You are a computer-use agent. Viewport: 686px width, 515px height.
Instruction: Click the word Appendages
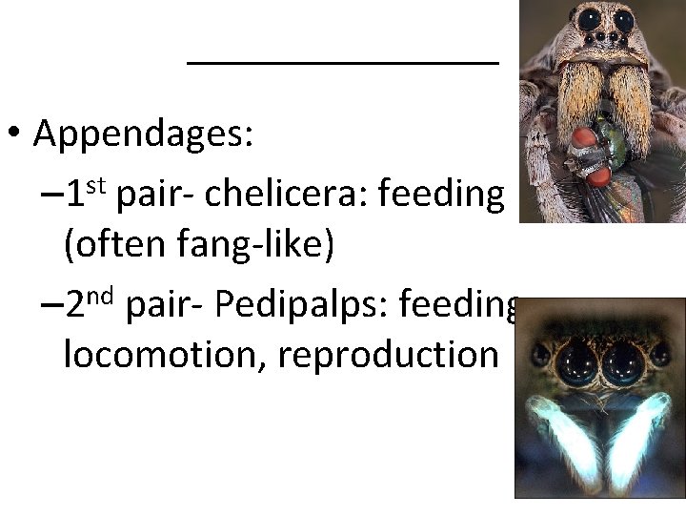tap(143, 135)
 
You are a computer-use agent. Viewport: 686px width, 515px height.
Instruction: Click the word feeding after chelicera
tap(441, 195)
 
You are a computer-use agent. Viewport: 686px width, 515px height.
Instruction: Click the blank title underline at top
tap(343, 62)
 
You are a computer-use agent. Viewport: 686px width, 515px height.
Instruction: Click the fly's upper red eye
tap(585, 139)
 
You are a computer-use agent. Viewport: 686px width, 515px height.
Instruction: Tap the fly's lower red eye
tap(597, 175)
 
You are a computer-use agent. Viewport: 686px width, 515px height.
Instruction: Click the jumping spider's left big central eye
tap(575, 360)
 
